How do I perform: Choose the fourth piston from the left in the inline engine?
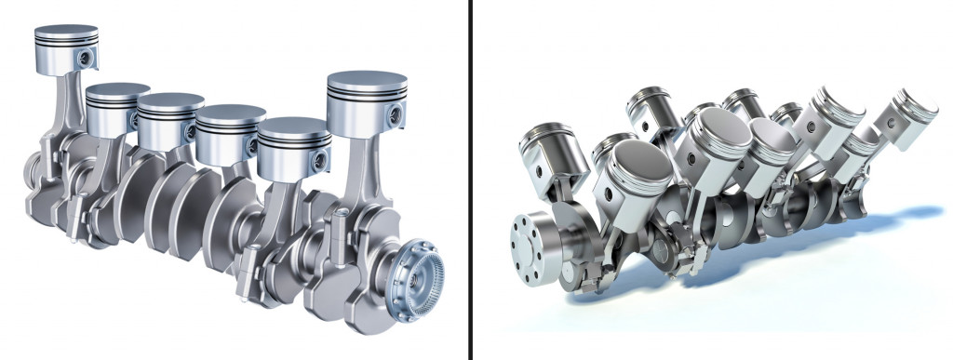point(228,130)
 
